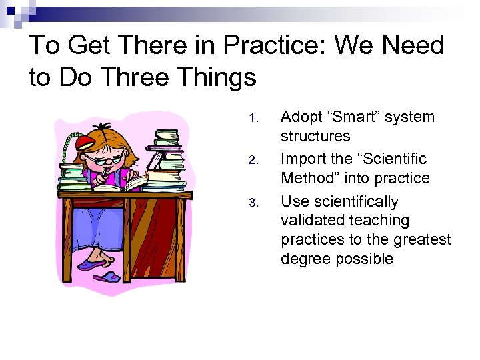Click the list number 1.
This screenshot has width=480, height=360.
pos(252,119)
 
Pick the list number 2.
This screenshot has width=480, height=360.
pos(252,161)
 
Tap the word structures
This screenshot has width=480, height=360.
pos(315,136)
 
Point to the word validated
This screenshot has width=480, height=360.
pos(315,221)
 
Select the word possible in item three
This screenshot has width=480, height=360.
pos(365,259)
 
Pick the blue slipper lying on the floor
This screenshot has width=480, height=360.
pos(107,275)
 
